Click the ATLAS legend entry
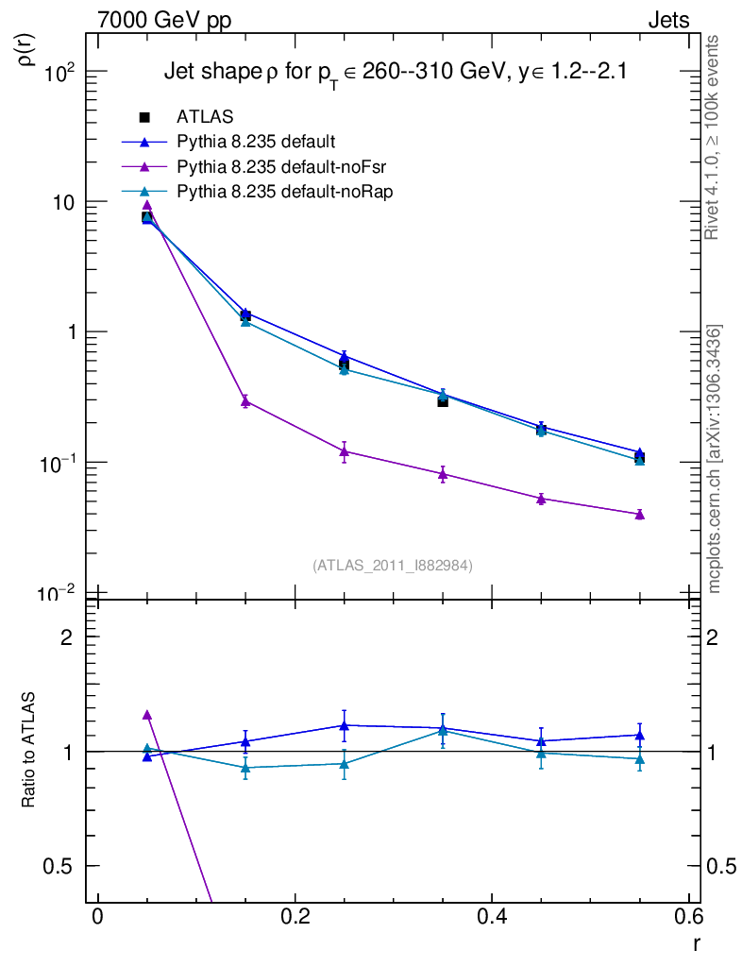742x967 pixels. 205,117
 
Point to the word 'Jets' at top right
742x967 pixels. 667,20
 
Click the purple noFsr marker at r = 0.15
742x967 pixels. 245,401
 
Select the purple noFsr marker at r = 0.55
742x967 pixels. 640,514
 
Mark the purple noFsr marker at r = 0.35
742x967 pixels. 443,474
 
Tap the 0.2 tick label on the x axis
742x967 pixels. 295,918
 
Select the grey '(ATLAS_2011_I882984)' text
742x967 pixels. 393,566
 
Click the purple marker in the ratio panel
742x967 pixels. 146,715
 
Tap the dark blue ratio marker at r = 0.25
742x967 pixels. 345,725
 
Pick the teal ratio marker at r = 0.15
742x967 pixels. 245,767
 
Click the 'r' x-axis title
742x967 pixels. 696,942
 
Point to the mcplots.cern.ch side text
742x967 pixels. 716,459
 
